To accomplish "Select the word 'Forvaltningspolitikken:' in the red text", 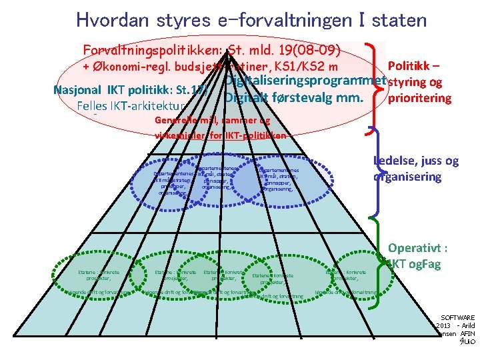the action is (x=154, y=51).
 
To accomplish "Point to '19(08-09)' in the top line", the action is (x=307, y=51).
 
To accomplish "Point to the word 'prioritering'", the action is (x=425, y=98).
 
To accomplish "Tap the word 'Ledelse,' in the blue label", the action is (x=403, y=161).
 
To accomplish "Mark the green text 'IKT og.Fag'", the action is (x=420, y=264).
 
